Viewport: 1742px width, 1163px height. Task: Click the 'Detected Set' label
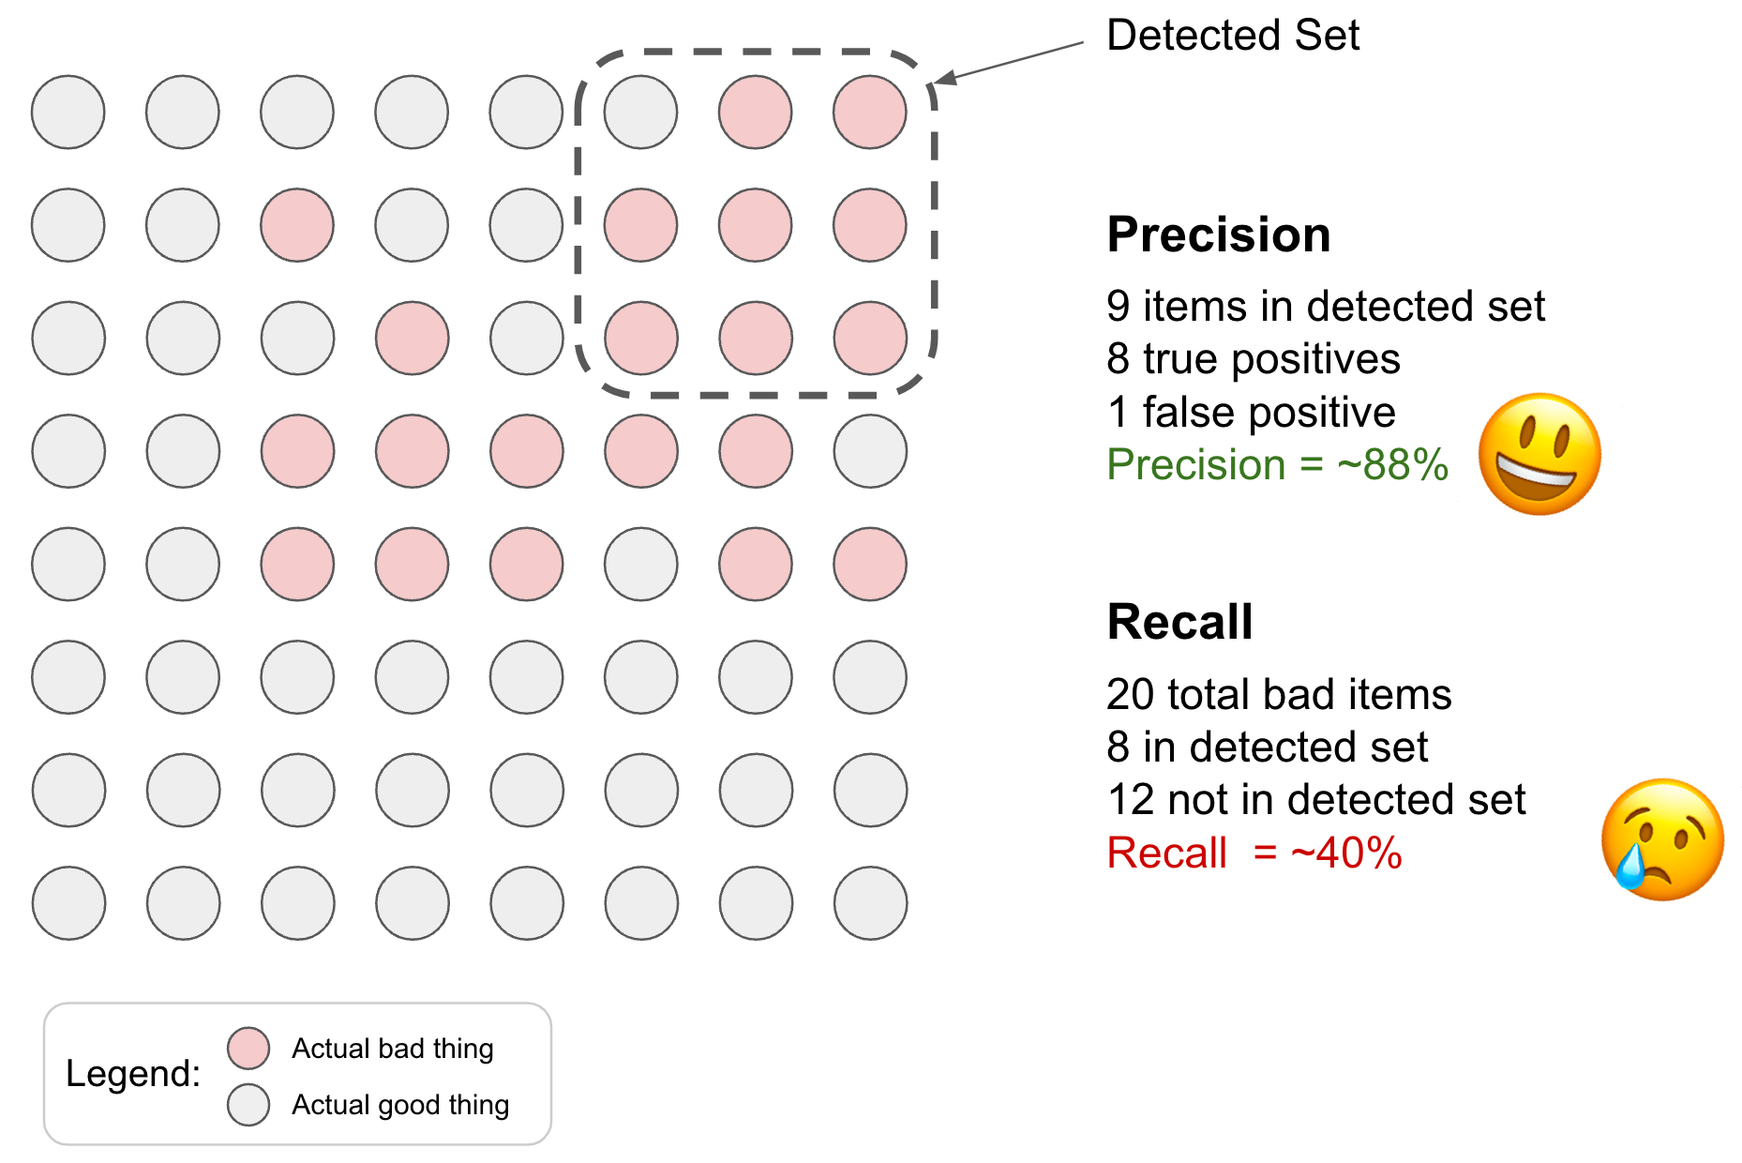point(1232,36)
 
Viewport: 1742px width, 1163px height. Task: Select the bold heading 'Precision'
point(1218,234)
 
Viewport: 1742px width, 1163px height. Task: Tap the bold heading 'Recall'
point(1179,622)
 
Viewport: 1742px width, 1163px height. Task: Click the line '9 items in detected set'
point(1325,307)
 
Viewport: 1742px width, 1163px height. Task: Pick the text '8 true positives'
point(1253,359)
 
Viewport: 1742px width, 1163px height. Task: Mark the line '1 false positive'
point(1251,413)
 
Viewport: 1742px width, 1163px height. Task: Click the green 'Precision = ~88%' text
point(1277,465)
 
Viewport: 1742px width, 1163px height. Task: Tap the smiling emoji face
point(1539,454)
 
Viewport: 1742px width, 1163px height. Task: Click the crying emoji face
point(1662,838)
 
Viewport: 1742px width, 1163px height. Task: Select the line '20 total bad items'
point(1279,695)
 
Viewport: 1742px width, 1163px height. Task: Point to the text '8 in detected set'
point(1267,748)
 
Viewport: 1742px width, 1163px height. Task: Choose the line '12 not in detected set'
point(1316,800)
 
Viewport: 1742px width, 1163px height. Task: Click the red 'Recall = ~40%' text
point(1254,853)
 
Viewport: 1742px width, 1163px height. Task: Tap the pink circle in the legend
point(248,1048)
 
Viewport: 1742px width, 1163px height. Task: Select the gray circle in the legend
point(248,1104)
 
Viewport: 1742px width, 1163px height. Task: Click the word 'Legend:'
point(133,1074)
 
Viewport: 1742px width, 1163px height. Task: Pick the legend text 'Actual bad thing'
point(392,1049)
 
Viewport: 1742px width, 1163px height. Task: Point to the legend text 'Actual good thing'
point(400,1105)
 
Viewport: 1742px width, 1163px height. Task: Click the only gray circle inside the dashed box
point(640,113)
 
